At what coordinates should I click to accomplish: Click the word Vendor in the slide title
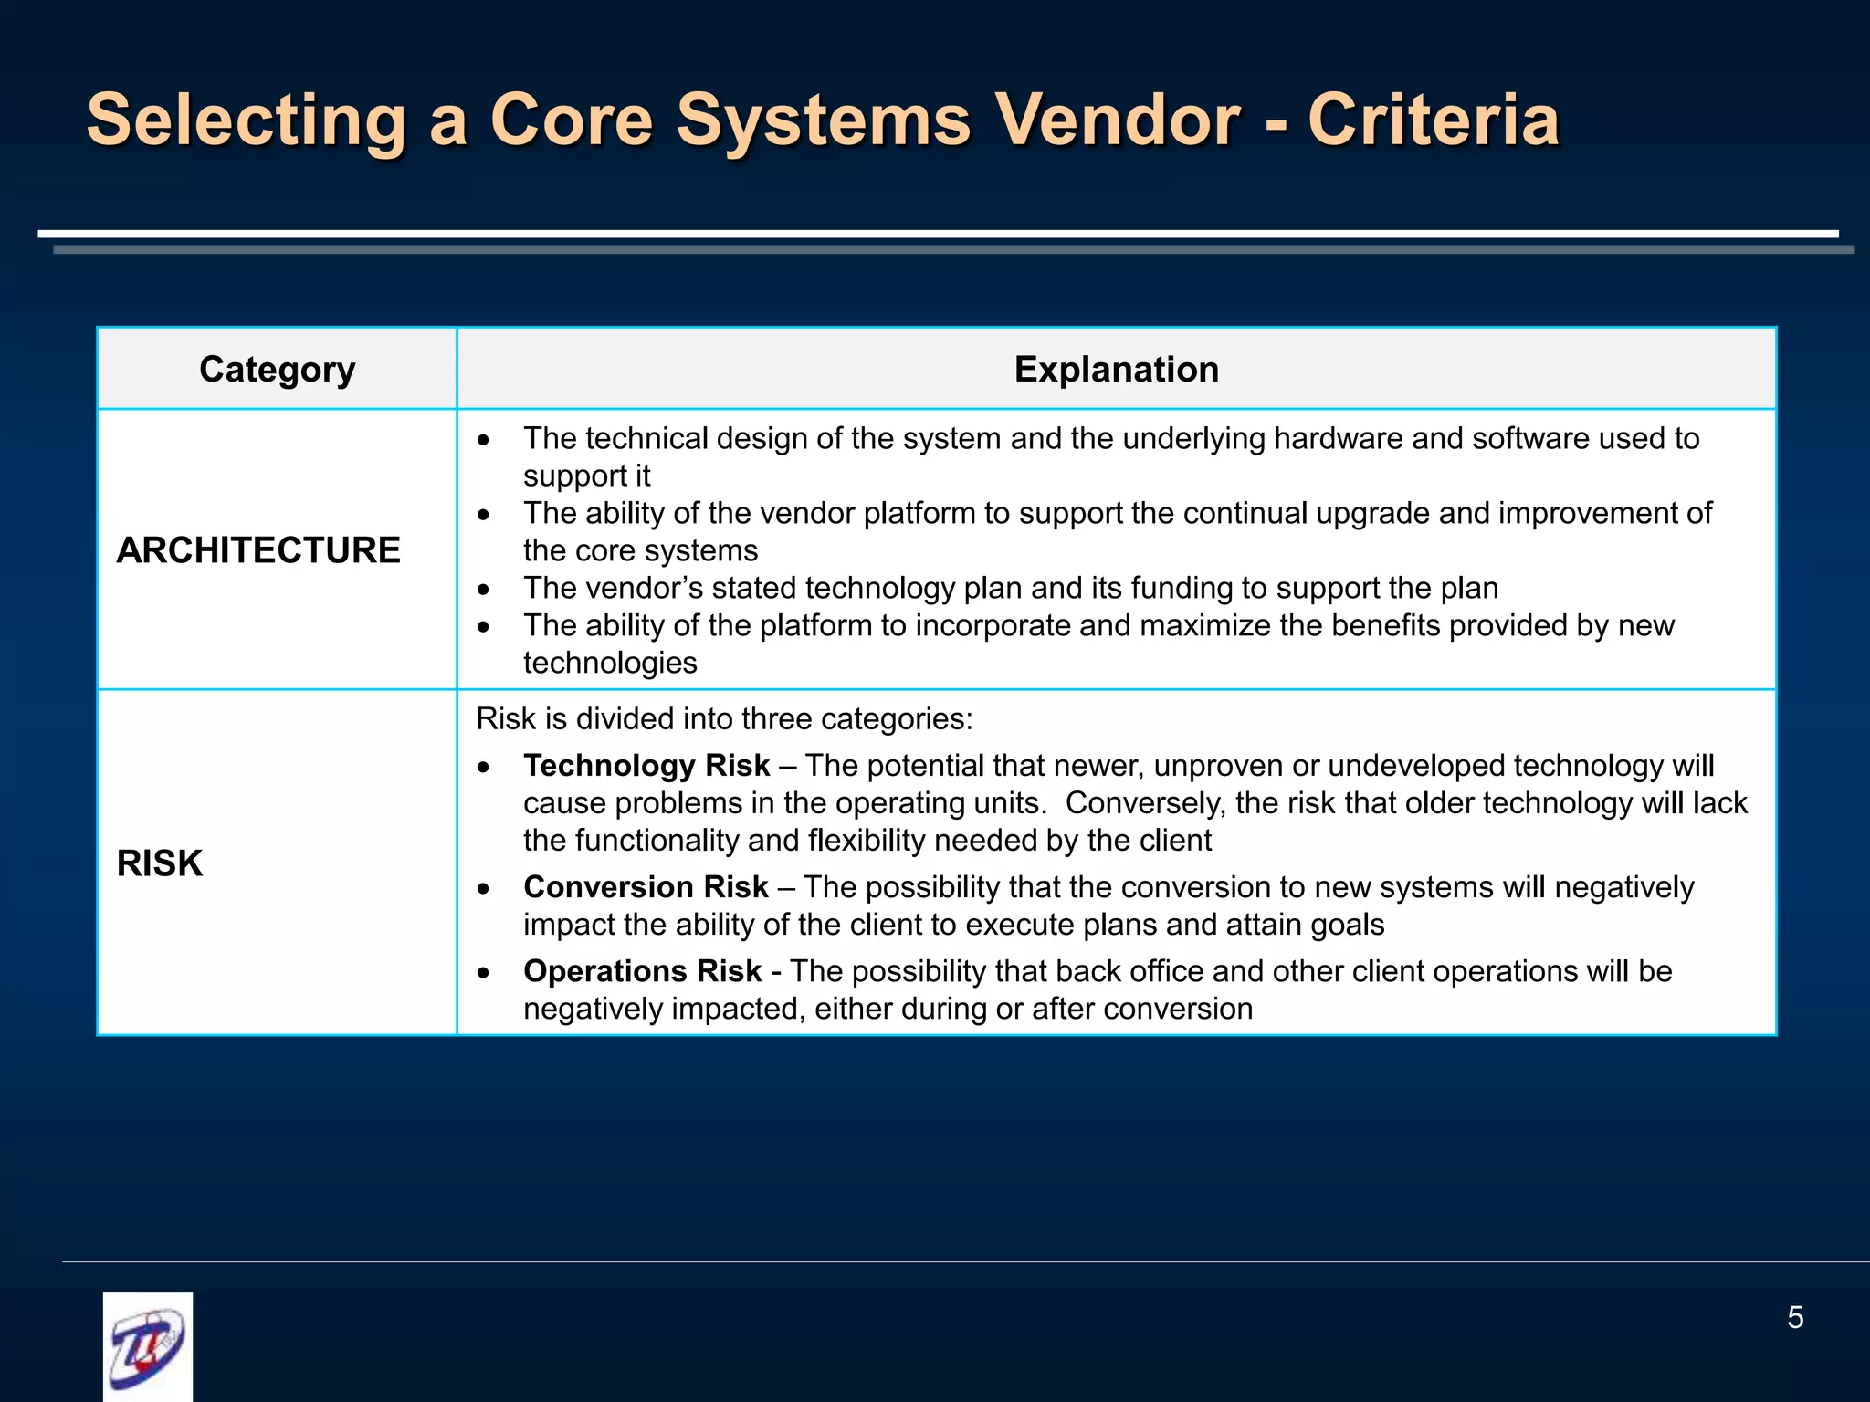click(x=1116, y=120)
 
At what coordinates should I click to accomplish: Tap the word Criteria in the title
click(x=1433, y=120)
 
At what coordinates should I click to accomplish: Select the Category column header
click(x=277, y=370)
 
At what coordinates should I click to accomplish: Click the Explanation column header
click(x=1116, y=370)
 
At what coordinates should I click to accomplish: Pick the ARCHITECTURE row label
click(x=258, y=550)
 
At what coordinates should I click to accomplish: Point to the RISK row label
click(x=160, y=863)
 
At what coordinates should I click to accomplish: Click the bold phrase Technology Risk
click(x=646, y=766)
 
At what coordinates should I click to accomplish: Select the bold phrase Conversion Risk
click(x=646, y=887)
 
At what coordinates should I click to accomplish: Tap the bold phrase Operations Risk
click(x=642, y=971)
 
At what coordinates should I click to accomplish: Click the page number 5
click(x=1794, y=1318)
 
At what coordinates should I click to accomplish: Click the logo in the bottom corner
click(x=148, y=1345)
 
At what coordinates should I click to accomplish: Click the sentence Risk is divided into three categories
click(x=724, y=719)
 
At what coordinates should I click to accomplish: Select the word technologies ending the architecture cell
click(x=610, y=664)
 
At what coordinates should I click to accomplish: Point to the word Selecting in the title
click(x=246, y=120)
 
